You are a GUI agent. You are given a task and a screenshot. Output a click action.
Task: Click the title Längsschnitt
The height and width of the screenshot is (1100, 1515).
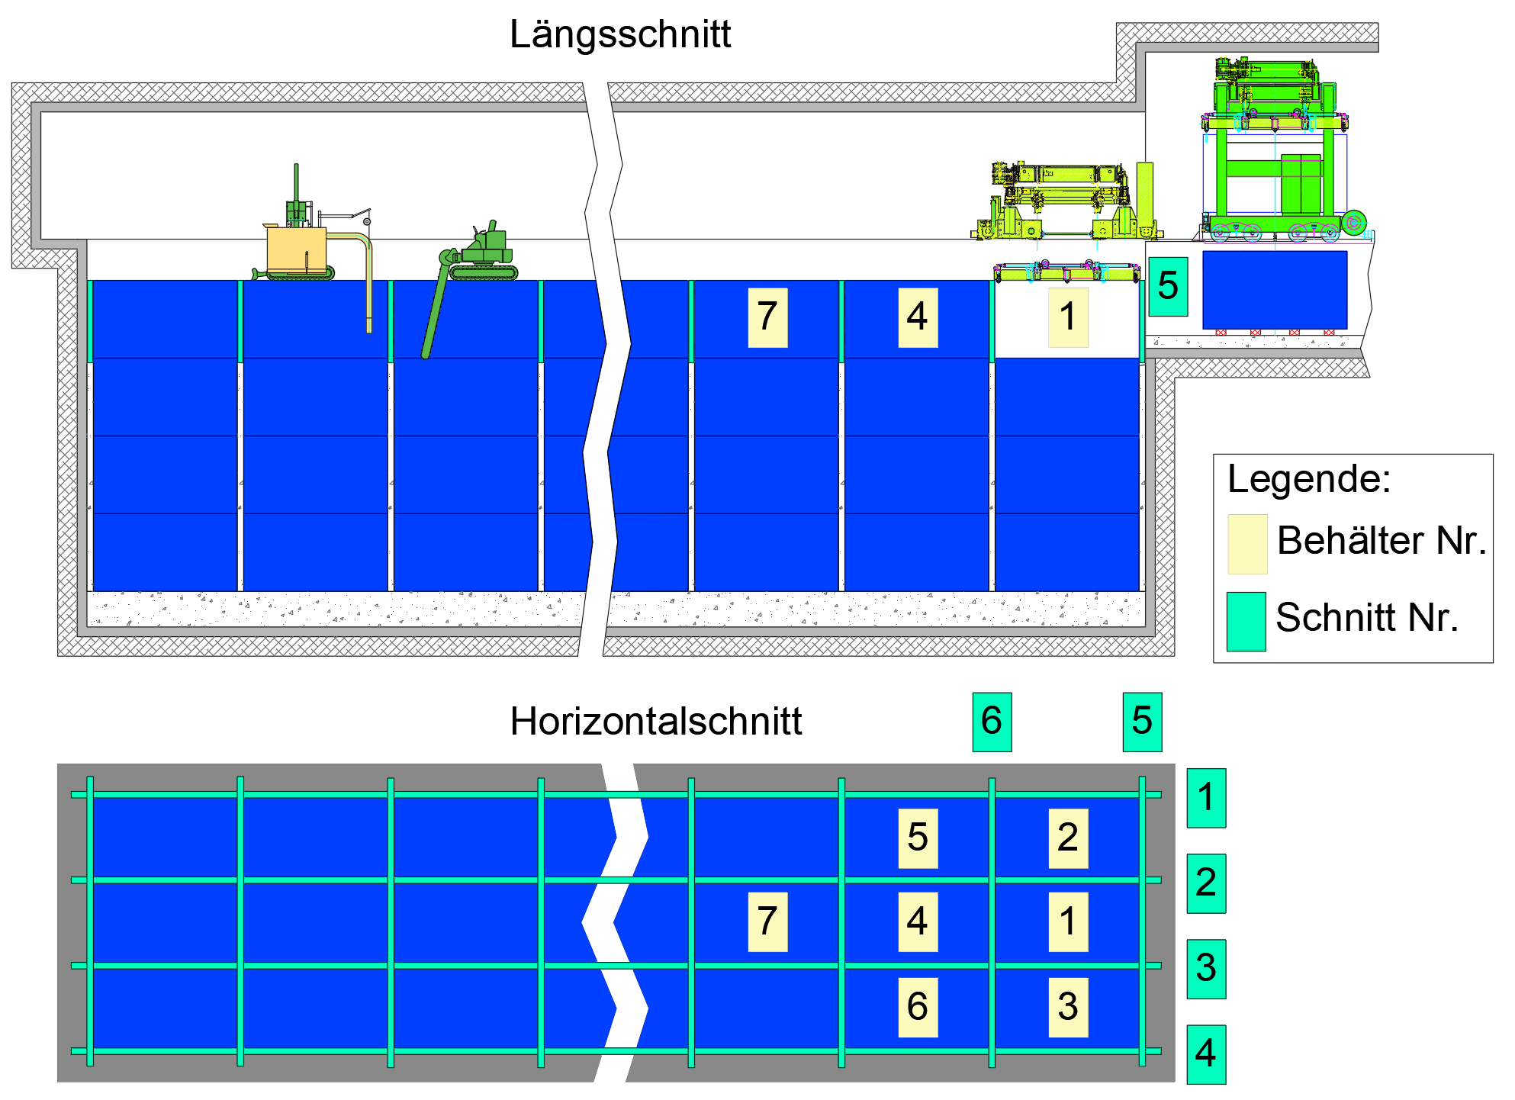619,34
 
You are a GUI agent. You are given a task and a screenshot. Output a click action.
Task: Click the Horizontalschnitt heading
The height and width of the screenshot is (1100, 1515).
655,722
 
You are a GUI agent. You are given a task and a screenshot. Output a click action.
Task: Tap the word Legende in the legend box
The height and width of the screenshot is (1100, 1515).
1309,479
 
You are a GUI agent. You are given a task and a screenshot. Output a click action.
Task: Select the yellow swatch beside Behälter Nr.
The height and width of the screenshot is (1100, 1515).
1247,544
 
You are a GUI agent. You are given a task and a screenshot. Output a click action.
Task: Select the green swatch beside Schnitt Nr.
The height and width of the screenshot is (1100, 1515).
1246,621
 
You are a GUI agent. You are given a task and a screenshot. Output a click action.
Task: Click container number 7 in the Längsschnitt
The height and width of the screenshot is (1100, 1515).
767,317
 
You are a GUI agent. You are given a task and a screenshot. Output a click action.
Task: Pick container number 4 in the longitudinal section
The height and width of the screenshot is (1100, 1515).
918,317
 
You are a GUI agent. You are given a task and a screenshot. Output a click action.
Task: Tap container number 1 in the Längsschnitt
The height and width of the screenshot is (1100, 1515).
1068,317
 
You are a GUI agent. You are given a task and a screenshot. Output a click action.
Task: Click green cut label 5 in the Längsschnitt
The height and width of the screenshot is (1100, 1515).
1168,286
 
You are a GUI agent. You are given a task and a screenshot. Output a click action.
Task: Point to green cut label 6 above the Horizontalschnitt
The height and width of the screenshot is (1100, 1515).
992,722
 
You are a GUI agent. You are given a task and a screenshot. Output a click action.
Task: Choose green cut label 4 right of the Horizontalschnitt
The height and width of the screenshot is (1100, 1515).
1206,1054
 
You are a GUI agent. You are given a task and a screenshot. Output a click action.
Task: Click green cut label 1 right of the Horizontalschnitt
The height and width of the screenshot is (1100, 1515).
1206,798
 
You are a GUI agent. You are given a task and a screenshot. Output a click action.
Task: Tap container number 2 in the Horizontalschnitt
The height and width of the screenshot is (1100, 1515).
1068,838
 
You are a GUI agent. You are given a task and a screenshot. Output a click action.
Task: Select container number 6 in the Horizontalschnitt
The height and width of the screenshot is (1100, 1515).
918,1007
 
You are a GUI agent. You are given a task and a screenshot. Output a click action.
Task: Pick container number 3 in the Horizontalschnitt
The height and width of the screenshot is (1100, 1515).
1068,1007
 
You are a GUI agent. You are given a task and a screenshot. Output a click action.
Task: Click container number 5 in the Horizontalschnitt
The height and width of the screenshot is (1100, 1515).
918,838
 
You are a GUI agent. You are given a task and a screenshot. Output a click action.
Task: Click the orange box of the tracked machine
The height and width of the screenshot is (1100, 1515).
296,250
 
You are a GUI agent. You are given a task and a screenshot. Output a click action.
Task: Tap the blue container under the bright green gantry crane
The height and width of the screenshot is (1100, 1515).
1275,290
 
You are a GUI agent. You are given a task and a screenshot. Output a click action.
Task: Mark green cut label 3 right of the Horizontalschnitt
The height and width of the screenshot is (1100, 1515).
1206,969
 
